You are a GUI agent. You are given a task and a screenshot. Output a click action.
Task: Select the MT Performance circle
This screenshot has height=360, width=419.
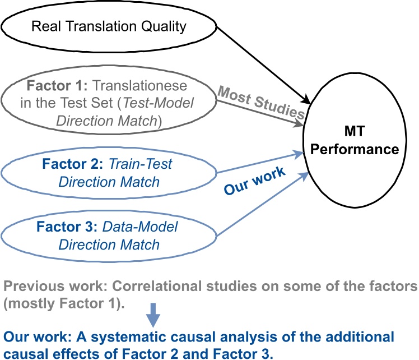point(353,142)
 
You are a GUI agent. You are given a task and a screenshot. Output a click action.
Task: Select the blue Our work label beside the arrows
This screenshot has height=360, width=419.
point(255,182)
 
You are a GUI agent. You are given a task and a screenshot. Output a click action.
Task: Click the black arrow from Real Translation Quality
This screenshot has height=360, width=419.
point(263,65)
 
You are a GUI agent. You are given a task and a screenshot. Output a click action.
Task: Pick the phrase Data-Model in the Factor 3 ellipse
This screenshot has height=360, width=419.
point(140,228)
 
